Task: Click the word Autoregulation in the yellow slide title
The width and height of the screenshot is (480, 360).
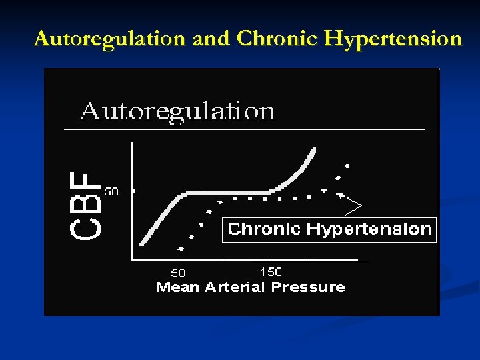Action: point(110,39)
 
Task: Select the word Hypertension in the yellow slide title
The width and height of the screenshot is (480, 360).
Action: point(393,39)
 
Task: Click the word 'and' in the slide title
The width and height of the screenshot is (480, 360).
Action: point(210,39)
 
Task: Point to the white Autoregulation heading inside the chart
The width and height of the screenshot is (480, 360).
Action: point(177,111)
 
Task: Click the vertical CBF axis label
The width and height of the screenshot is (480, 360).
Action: point(85,203)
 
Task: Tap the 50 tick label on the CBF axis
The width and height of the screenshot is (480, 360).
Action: point(111,191)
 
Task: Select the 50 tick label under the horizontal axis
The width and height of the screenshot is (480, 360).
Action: point(178,273)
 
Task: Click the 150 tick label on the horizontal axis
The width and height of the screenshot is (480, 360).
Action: point(270,271)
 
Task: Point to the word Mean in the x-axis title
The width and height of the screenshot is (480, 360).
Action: point(175,287)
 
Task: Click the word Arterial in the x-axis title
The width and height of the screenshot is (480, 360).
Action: point(231,287)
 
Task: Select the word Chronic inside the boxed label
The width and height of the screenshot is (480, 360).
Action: point(264,229)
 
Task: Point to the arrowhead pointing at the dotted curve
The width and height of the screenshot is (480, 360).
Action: point(340,195)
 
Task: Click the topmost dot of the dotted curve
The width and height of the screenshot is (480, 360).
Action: point(346,165)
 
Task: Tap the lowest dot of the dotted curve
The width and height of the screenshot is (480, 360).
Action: point(180,249)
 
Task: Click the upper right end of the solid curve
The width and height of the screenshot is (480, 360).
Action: point(314,149)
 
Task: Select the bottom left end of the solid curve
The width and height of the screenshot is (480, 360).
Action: point(141,244)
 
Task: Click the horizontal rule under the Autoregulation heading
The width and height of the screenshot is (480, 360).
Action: point(244,128)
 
